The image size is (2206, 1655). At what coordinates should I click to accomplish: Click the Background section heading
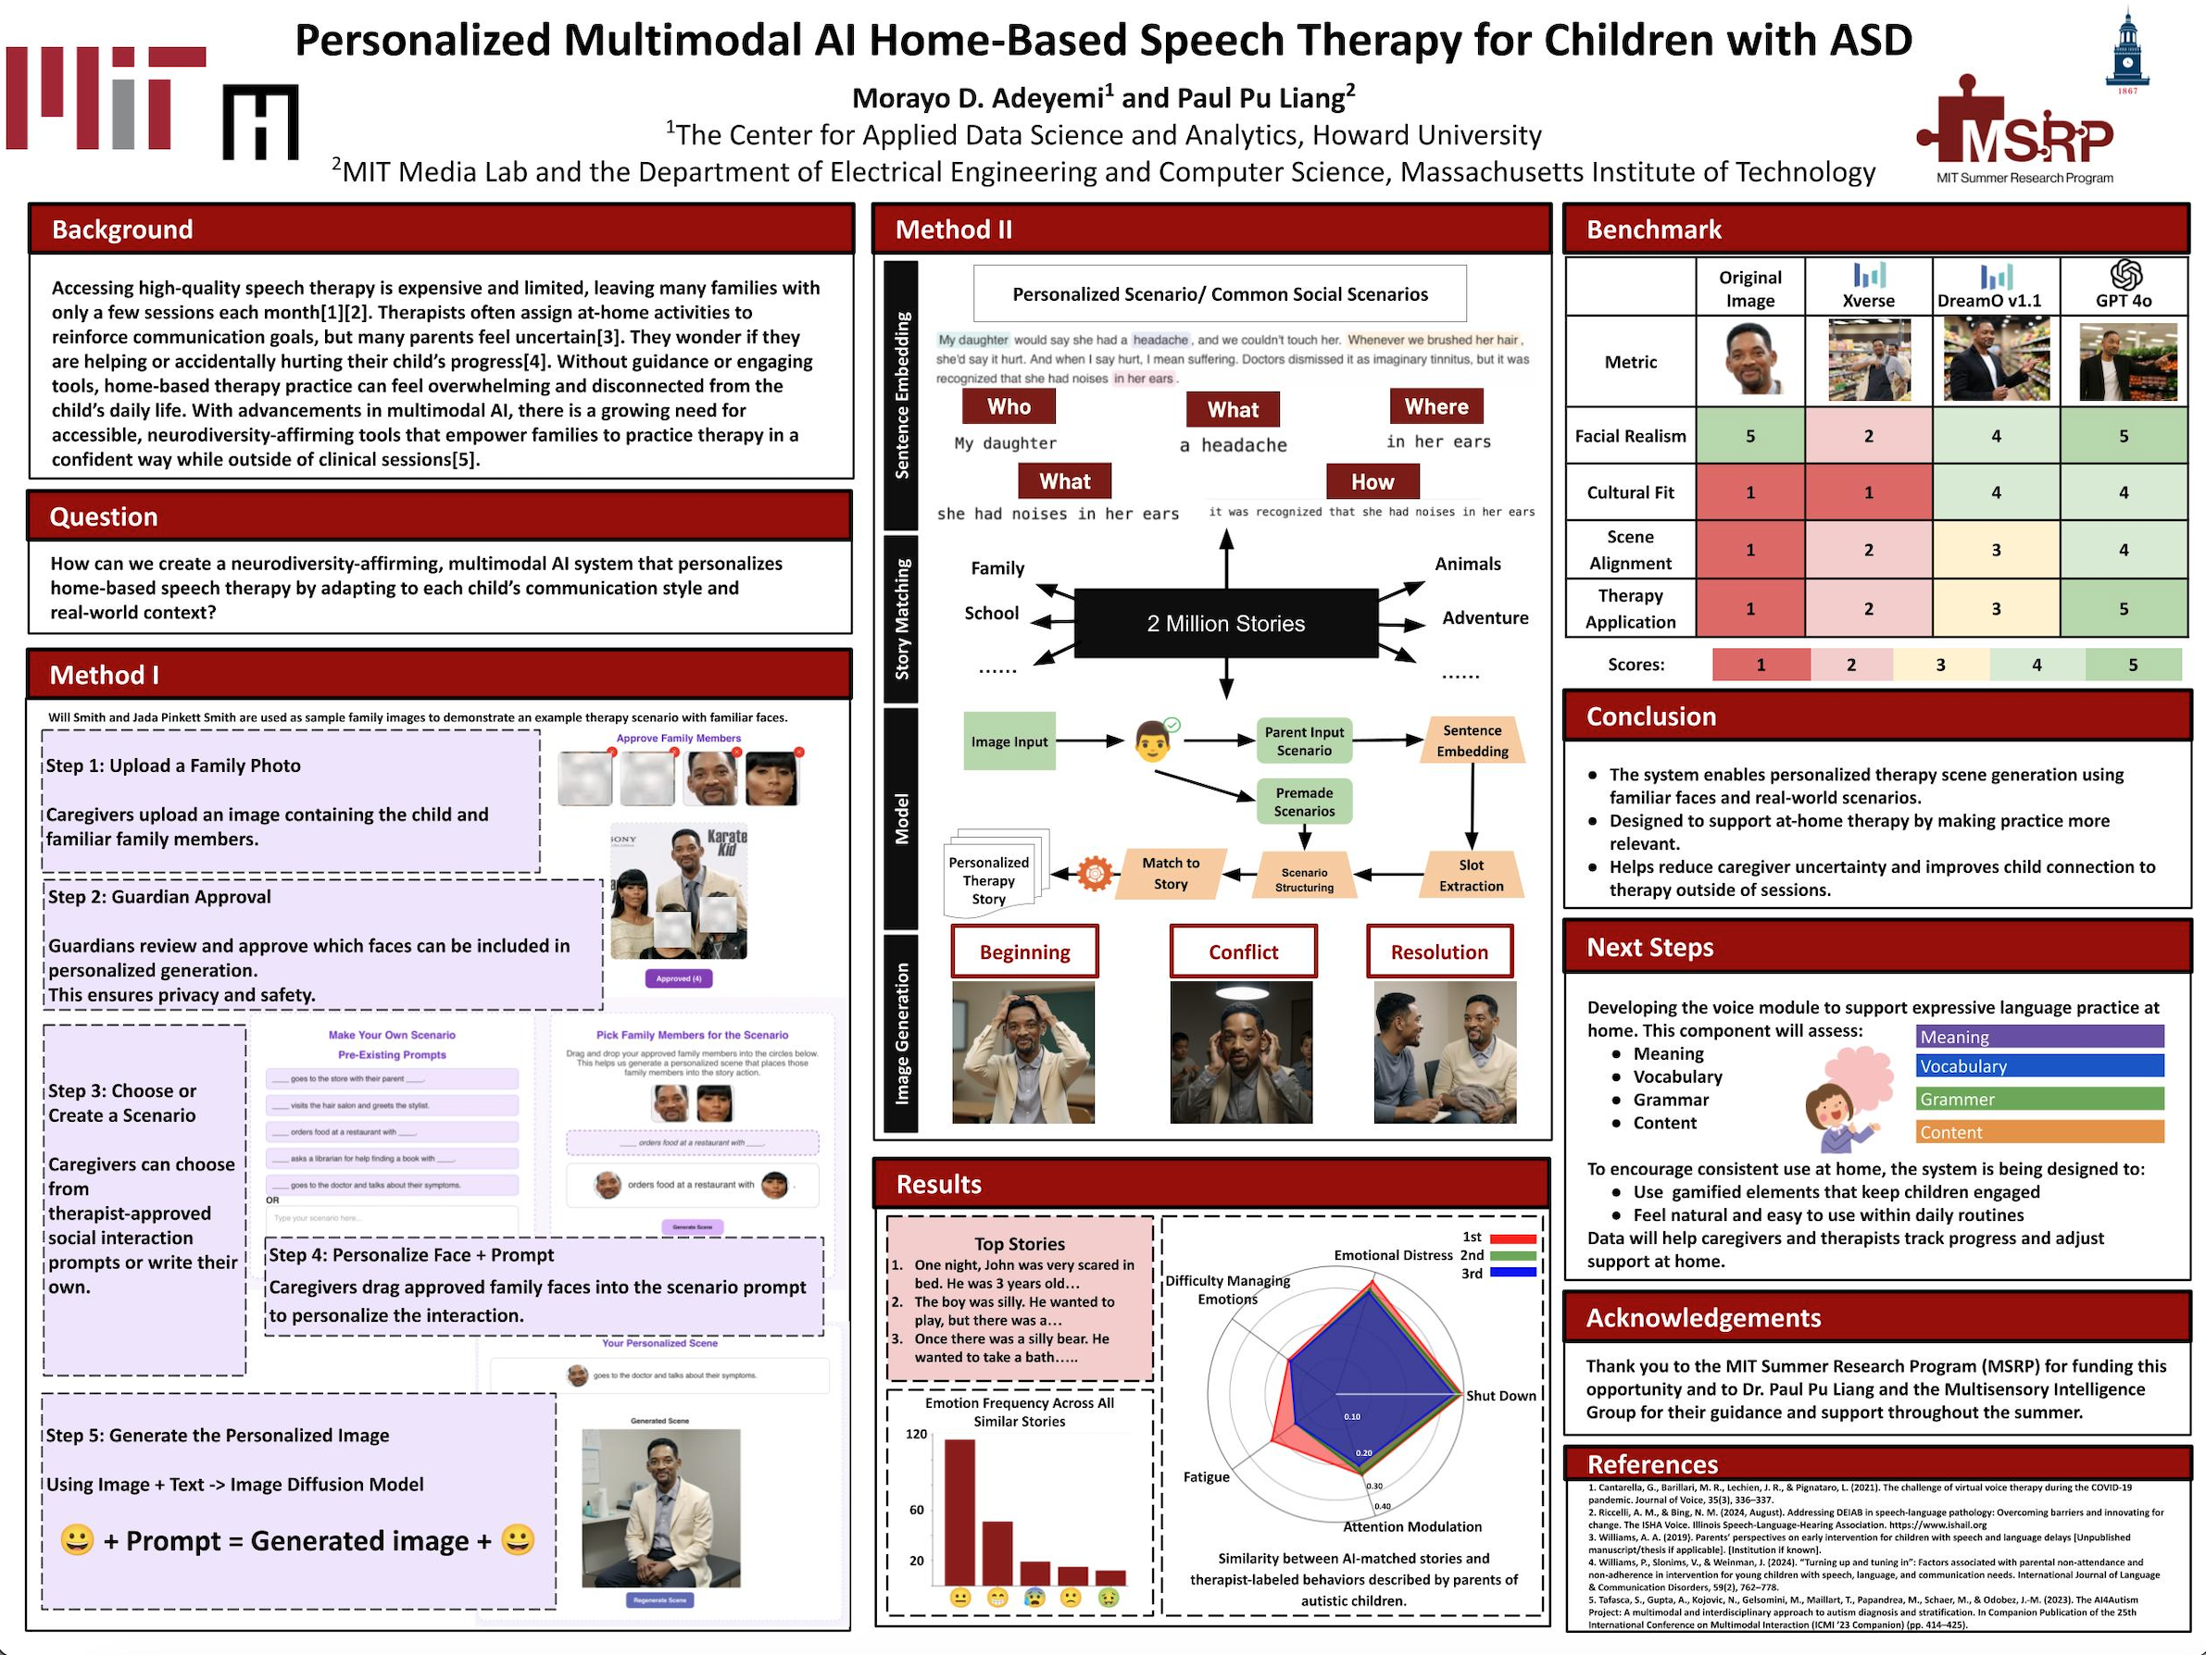tap(122, 230)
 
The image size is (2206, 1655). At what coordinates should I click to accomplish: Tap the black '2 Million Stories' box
tap(1225, 624)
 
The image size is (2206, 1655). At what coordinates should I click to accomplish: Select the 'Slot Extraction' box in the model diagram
tap(1471, 876)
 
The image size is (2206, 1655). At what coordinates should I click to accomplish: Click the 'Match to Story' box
tap(1170, 874)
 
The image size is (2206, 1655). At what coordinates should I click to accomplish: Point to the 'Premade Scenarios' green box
tap(1303, 802)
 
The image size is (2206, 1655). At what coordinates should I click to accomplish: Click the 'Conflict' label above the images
tap(1243, 952)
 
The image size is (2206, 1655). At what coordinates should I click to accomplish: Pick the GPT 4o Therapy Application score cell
tap(2124, 608)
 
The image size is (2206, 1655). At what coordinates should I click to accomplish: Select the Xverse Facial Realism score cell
tap(1868, 436)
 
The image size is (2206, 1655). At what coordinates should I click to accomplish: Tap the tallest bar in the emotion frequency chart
tap(959, 1512)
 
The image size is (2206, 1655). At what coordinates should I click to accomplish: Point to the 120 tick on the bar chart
tap(917, 1434)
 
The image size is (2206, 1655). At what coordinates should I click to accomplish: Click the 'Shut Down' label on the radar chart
tap(1501, 1396)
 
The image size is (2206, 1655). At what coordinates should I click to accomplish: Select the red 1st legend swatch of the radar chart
tap(1512, 1239)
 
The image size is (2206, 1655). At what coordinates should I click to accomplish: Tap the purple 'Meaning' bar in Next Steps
tap(2039, 1037)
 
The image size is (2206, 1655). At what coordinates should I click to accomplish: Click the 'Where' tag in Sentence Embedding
tap(1436, 406)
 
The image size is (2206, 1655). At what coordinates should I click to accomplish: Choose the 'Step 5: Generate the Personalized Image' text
tap(218, 1436)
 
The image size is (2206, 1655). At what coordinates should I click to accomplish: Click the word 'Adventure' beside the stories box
tap(1485, 618)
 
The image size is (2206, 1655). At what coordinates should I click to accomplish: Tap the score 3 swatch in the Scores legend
tap(1939, 665)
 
